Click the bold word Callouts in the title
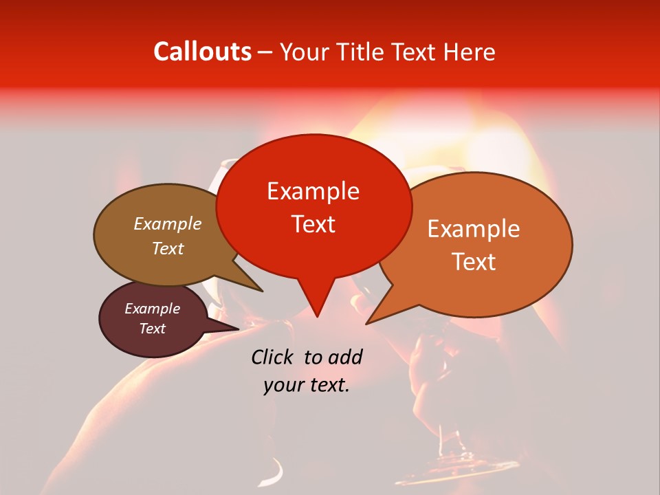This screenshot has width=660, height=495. coord(202,52)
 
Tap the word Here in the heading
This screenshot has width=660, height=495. coord(468,52)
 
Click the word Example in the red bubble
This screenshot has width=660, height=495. coord(313,191)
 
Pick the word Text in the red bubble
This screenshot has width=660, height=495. coord(313,224)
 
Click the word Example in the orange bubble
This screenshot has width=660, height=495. coord(474,229)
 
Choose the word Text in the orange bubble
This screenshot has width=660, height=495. coord(474,262)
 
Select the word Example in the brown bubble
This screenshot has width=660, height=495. coord(167,223)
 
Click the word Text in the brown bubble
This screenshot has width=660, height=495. coord(167,248)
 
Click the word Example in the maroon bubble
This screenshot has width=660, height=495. coord(152,309)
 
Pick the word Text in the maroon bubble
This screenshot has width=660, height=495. coord(152,329)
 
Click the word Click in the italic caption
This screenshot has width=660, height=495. coord(273,357)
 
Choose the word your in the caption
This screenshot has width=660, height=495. coord(282,385)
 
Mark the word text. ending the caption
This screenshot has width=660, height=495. coord(327,385)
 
